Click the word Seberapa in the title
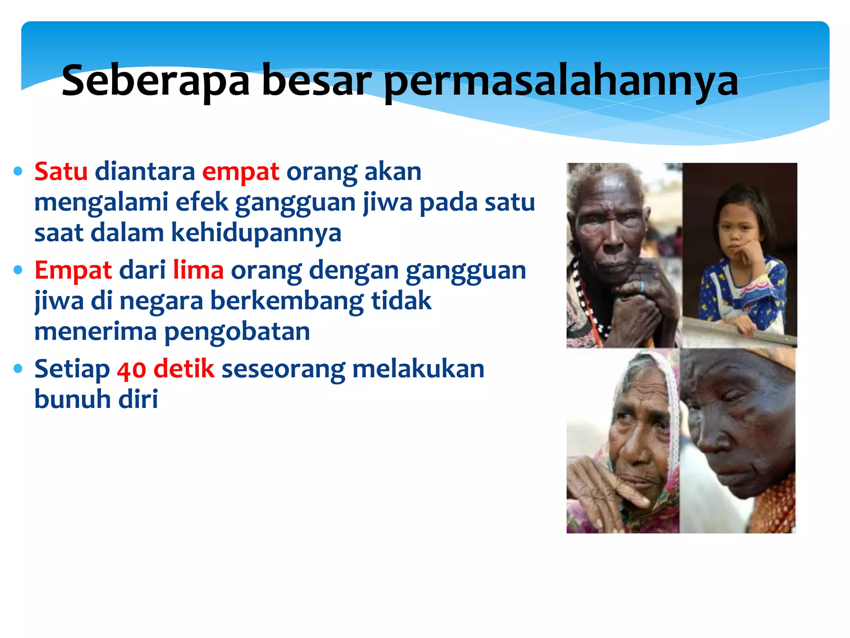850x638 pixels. (x=155, y=81)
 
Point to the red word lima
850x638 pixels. (x=198, y=270)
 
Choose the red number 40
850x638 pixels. (x=131, y=369)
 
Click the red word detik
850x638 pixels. (x=184, y=368)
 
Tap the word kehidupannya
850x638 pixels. (x=256, y=233)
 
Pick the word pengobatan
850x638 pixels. (x=237, y=331)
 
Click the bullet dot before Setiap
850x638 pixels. (x=18, y=368)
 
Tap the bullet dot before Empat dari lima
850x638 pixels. (x=18, y=270)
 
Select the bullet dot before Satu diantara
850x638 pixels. (x=18, y=171)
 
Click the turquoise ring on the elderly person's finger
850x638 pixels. (x=642, y=286)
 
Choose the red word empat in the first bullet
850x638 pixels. (x=240, y=172)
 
